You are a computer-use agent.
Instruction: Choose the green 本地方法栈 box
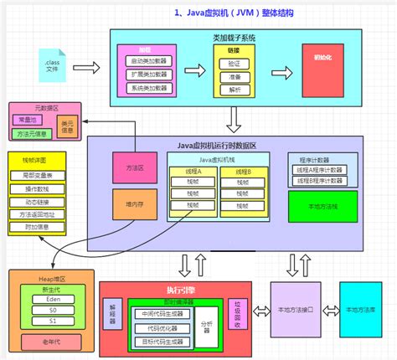319,204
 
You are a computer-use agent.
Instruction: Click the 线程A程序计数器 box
319,169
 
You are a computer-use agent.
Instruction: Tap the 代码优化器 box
161,327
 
